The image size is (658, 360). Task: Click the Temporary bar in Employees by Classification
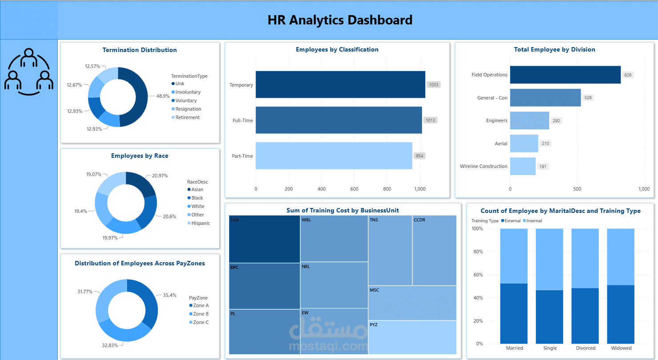tap(340, 84)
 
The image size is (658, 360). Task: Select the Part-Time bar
tap(334, 156)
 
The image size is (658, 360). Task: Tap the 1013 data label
tap(431, 120)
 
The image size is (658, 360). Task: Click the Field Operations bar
tap(565, 75)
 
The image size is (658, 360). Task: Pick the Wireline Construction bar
tap(522, 166)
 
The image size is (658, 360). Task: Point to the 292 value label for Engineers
tap(556, 120)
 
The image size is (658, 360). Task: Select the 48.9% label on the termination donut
tap(163, 96)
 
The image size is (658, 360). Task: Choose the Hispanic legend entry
tap(199, 223)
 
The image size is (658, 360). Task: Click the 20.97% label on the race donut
tap(160, 176)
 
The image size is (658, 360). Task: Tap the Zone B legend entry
tap(199, 314)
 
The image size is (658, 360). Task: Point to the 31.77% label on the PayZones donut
tap(85, 292)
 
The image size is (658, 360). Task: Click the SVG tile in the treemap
tap(264, 239)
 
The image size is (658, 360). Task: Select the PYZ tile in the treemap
tap(412, 337)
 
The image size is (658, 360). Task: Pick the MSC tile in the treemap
tap(412, 303)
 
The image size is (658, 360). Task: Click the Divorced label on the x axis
tap(586, 348)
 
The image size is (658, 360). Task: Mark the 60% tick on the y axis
tap(477, 275)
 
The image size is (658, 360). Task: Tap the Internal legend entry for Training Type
tap(532, 221)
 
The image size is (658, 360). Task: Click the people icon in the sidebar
tap(29, 72)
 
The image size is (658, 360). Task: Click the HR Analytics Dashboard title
tap(340, 20)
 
